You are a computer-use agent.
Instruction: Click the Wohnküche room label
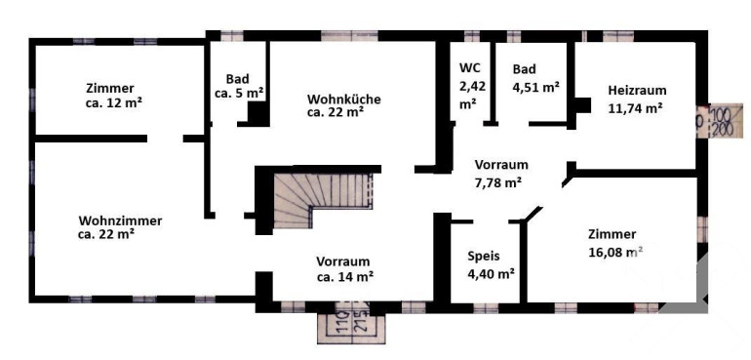click(344, 100)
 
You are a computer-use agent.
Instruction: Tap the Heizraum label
click(638, 90)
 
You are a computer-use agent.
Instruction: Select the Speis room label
click(484, 256)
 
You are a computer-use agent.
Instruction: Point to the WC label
click(468, 66)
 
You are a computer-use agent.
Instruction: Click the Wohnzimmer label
click(120, 221)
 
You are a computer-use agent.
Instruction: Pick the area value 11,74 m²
click(636, 107)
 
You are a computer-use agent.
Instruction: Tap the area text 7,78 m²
click(498, 182)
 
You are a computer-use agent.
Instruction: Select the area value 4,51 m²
click(536, 87)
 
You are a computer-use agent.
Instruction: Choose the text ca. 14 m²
click(345, 277)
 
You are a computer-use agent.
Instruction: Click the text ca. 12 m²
click(113, 102)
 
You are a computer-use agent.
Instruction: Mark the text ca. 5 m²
click(240, 94)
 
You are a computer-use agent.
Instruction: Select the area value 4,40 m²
click(492, 274)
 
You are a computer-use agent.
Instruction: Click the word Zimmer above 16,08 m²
click(613, 234)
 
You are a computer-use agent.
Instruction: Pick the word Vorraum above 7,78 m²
click(501, 165)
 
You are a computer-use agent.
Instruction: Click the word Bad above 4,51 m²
click(524, 69)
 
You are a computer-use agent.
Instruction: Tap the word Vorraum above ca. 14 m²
click(343, 261)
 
